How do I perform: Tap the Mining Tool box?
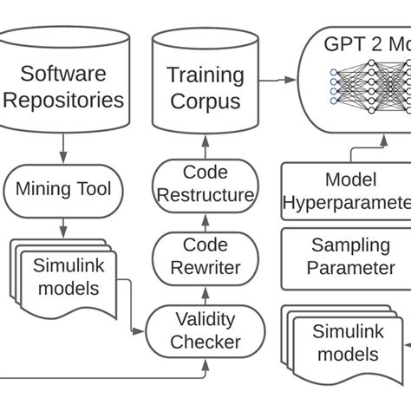tap(63, 188)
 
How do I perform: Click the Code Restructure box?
tap(205, 184)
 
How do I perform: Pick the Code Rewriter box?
tap(205, 258)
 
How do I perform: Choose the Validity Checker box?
tap(205, 330)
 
